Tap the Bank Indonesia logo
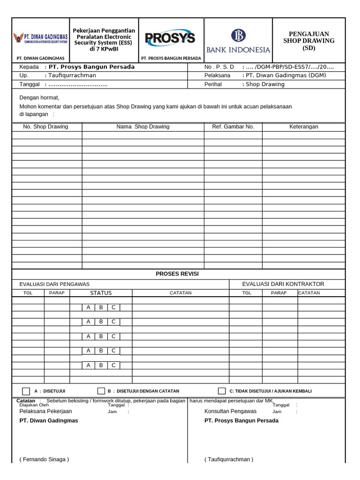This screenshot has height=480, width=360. [x=239, y=40]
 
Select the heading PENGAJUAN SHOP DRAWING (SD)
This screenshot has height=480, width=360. [x=309, y=41]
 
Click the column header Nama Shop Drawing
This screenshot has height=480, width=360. [x=143, y=127]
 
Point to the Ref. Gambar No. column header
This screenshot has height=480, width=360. [x=233, y=127]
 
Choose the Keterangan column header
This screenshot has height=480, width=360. [x=303, y=127]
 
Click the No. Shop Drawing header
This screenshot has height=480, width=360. [x=45, y=127]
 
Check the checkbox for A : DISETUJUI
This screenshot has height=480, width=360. [x=26, y=391]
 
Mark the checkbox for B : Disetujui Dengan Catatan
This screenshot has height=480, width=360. [x=101, y=391]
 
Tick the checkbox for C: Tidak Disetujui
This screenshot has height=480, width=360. [x=222, y=391]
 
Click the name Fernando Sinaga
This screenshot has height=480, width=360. [x=44, y=459]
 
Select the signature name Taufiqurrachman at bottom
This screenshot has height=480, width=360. [x=229, y=459]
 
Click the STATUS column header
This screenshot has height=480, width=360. [x=101, y=293]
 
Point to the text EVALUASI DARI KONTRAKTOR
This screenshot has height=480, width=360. [x=283, y=284]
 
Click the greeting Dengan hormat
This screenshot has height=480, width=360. [x=39, y=97]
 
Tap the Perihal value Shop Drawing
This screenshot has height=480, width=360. [x=265, y=84]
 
